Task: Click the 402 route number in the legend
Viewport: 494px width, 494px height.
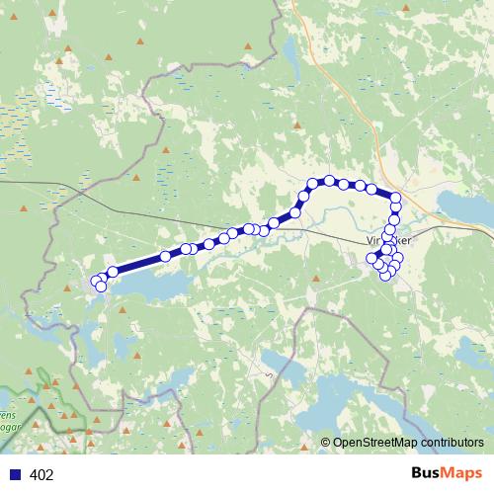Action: [x=41, y=475]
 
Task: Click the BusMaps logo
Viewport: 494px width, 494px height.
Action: [x=447, y=473]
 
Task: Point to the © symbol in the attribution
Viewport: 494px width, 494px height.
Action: [x=325, y=443]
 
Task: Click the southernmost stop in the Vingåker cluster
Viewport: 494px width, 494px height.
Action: [x=385, y=275]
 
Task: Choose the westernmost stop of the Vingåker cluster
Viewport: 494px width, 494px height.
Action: [x=372, y=259]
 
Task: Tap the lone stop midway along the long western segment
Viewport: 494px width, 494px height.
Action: [x=167, y=257]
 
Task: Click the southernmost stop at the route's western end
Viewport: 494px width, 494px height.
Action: [x=101, y=287]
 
